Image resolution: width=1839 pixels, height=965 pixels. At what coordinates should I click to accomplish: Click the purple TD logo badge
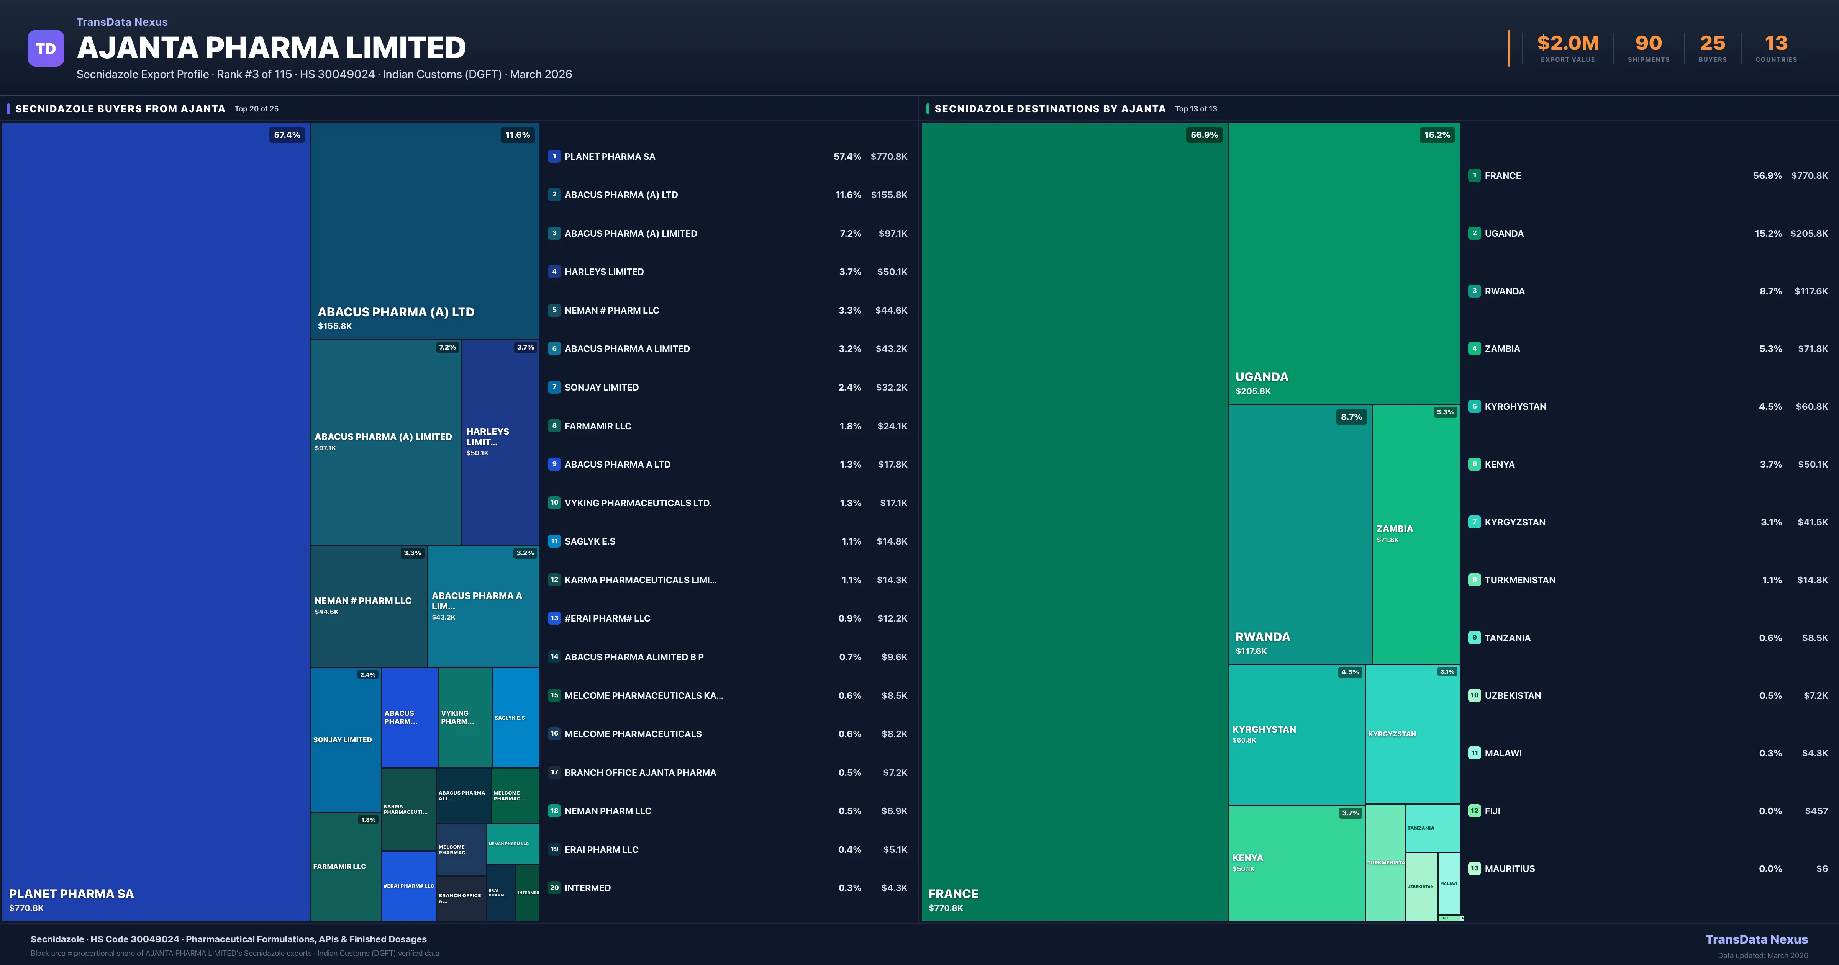[46, 49]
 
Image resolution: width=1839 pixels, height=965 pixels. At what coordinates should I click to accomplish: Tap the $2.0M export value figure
[1568, 44]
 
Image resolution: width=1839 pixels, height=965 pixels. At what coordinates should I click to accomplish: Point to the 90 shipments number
[1648, 44]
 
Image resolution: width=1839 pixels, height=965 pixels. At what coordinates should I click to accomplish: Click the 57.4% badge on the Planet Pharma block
[287, 135]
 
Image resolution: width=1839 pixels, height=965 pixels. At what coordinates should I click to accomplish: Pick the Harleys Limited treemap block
[500, 443]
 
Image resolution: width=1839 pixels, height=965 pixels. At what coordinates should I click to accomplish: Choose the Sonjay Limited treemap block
[345, 739]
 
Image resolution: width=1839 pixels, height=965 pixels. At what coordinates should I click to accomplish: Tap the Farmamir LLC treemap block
[345, 867]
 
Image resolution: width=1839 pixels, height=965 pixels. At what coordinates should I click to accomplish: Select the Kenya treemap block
[1296, 863]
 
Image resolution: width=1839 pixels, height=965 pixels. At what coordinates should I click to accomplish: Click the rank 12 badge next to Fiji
[1474, 811]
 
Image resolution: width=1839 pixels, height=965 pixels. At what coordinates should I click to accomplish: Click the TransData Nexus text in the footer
[1756, 939]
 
